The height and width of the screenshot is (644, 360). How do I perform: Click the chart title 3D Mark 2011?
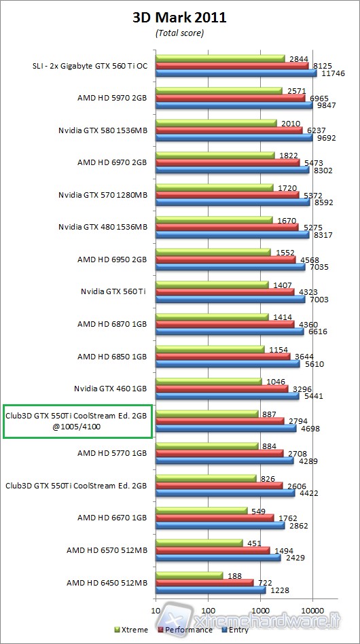(179, 18)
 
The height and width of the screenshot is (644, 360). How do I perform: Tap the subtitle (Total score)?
(179, 32)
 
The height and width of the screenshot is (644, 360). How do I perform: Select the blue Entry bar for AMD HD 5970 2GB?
(234, 105)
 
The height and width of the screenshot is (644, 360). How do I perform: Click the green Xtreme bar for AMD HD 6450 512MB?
(190, 575)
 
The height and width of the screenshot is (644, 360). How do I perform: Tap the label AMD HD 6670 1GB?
(112, 518)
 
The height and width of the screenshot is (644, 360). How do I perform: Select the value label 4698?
(310, 429)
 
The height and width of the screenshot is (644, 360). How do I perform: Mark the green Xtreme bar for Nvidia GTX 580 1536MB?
(217, 123)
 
